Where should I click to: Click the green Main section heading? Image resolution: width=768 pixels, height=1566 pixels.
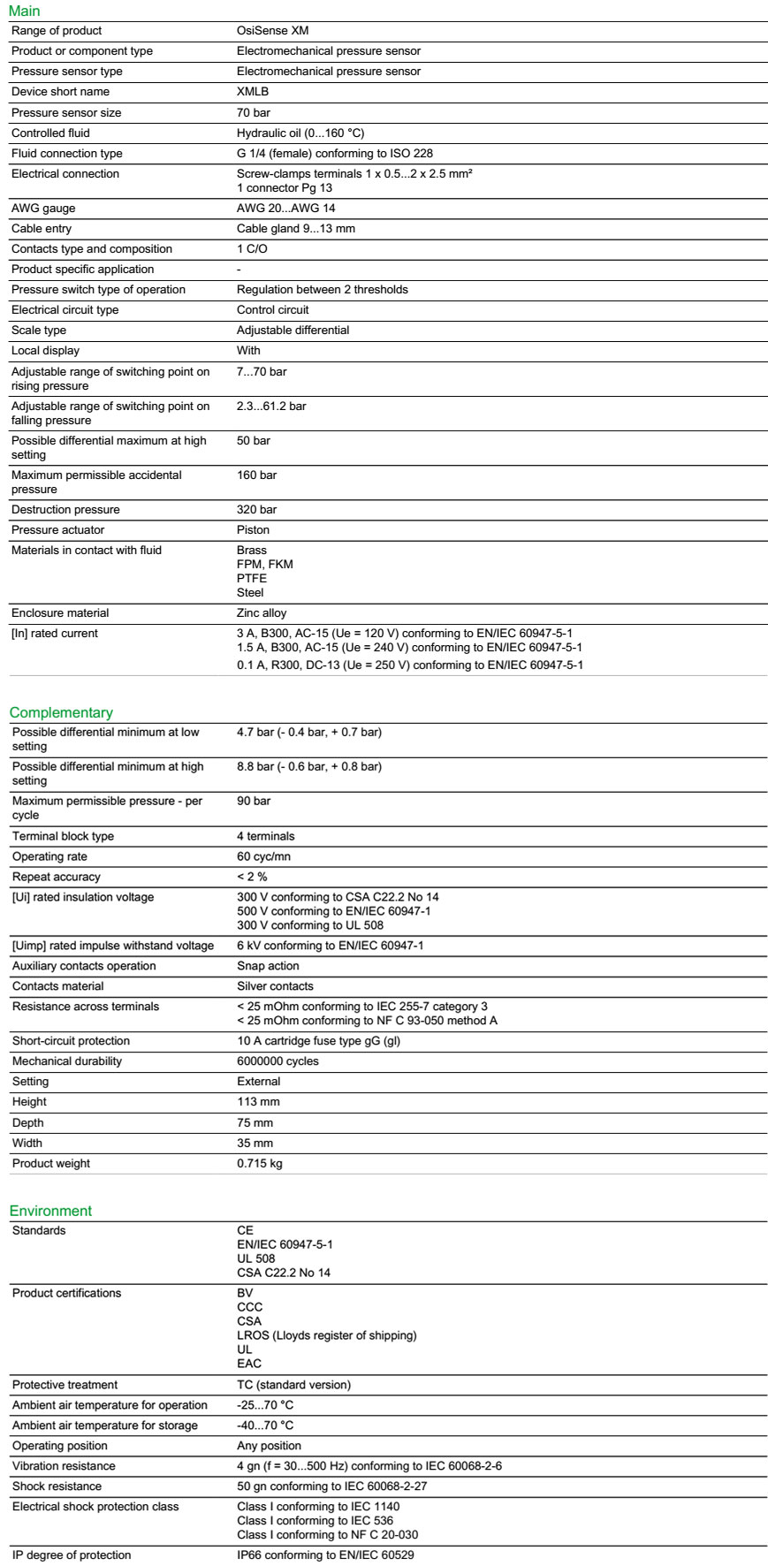(x=25, y=11)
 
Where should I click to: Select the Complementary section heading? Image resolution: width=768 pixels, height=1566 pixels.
(x=61, y=712)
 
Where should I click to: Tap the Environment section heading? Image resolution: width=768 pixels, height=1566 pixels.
(x=50, y=1211)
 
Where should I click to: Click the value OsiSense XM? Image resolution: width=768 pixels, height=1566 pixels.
(x=272, y=31)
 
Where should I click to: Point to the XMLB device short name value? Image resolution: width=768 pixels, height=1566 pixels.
(x=253, y=92)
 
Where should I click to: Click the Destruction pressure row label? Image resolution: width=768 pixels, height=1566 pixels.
(x=65, y=510)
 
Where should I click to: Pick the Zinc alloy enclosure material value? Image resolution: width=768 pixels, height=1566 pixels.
(x=262, y=613)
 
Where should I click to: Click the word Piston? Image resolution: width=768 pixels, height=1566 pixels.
(x=253, y=530)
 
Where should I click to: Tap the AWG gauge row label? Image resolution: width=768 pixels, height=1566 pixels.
(x=43, y=209)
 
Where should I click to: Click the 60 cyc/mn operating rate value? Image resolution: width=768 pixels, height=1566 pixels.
(x=263, y=856)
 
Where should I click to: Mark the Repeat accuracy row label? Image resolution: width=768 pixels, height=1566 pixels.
(x=57, y=877)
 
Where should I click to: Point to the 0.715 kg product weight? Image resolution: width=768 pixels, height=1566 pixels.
(x=260, y=1164)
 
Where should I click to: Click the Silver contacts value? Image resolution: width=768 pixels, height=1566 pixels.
(x=275, y=986)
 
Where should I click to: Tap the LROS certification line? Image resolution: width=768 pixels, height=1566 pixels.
(x=326, y=1335)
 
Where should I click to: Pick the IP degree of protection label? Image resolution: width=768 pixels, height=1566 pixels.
(x=72, y=1555)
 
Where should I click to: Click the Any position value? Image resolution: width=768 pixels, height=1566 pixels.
(x=269, y=1446)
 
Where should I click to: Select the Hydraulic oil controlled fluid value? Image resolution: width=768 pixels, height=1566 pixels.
(x=300, y=133)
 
